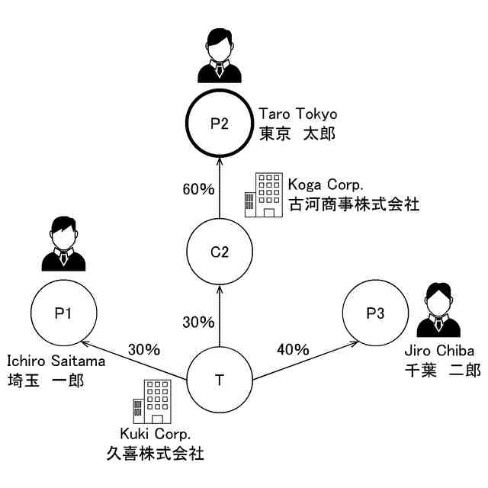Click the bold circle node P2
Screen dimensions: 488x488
(x=219, y=123)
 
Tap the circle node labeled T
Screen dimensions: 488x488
(x=219, y=379)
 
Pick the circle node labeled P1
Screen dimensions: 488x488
(x=64, y=312)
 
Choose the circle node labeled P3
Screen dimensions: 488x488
(x=374, y=312)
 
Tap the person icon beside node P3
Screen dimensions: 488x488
(x=438, y=310)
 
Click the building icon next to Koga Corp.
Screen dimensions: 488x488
(x=262, y=194)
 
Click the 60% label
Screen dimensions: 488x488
(x=198, y=188)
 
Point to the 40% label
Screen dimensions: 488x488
(x=293, y=350)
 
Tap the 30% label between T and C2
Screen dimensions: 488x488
(x=198, y=322)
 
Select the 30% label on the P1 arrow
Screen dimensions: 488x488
(x=144, y=350)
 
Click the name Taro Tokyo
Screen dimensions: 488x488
(x=297, y=114)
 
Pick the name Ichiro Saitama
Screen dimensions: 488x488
(x=56, y=361)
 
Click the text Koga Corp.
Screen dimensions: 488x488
(x=326, y=185)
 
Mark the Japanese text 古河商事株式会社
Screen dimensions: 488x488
(x=353, y=205)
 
